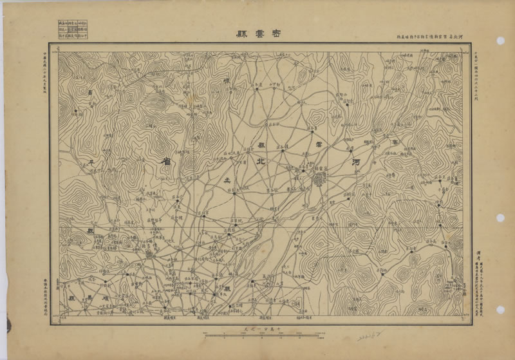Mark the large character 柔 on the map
coord(225,178)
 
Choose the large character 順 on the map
coord(101,299)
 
